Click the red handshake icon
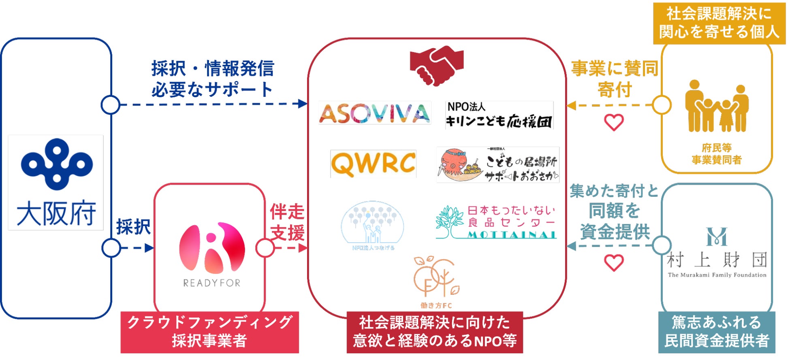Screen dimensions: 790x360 pos(436,65)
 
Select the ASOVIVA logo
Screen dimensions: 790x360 pos(374,113)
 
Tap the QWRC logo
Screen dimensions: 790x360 pos(373,164)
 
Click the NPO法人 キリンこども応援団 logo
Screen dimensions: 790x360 pos(499,115)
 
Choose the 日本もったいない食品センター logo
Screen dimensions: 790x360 pos(496,222)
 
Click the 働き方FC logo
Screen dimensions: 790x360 pos(436,282)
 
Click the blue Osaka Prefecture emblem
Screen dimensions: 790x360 pos(57,164)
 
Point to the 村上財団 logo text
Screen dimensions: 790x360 pos(717,260)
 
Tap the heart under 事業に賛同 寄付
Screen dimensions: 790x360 pos(614,122)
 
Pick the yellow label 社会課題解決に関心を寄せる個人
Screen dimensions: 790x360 pos(719,23)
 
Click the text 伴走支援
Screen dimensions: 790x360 pos(287,222)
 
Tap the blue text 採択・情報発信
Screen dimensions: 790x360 pos(213,68)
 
